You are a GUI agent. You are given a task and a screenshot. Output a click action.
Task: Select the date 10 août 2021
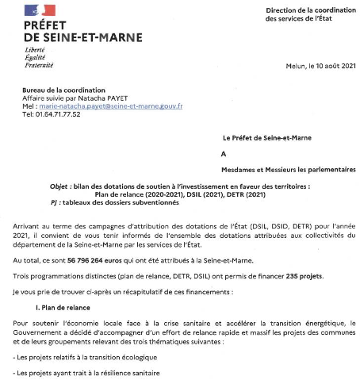pos(330,67)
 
